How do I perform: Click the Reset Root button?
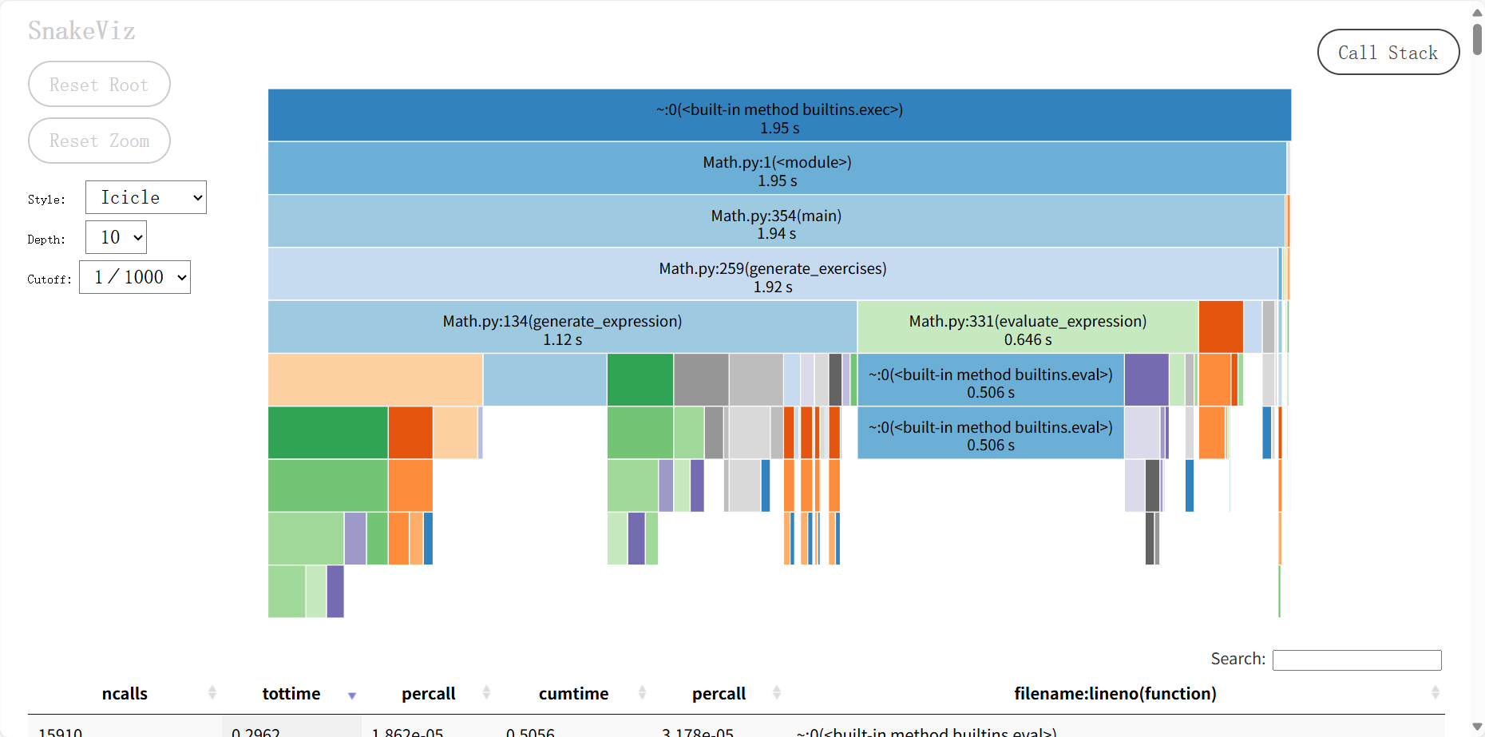point(99,85)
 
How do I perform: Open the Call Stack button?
point(1388,53)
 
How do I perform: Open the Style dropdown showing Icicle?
point(145,197)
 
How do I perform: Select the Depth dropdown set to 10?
point(117,237)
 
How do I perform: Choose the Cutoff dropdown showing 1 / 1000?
point(135,277)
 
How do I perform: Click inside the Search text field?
point(1356,660)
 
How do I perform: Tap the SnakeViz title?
point(81,31)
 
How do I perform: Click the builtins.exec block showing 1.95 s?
point(779,117)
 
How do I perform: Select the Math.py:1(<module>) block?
point(777,170)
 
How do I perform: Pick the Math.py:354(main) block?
point(776,223)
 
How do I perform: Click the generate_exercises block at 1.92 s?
point(772,275)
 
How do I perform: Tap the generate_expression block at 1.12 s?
point(562,328)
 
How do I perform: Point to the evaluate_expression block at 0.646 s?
point(1028,328)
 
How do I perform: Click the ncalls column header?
point(125,694)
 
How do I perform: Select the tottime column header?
point(291,694)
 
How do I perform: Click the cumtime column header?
point(573,694)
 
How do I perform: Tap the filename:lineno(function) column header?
point(1115,694)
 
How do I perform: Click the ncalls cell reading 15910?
point(61,731)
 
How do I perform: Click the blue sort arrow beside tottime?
point(352,695)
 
